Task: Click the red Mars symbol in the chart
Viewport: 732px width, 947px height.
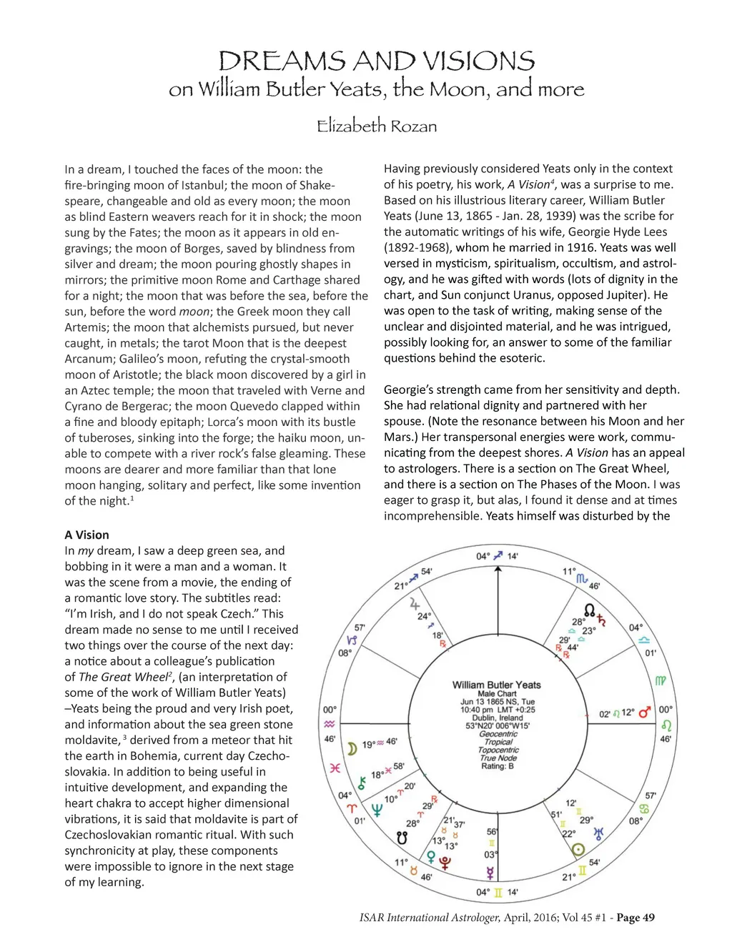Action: [645, 712]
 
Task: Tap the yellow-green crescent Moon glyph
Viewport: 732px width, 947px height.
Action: [352, 748]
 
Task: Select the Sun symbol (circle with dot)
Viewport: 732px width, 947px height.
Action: [578, 850]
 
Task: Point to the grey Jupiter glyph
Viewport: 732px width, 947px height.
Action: [415, 604]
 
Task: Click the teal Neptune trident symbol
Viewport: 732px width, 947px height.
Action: [376, 810]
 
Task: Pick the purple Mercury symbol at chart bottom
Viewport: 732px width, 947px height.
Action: [490, 873]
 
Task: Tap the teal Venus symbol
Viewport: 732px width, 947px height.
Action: [431, 856]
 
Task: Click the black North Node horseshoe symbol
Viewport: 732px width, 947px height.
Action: [590, 610]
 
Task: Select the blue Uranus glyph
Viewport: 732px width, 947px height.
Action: [599, 833]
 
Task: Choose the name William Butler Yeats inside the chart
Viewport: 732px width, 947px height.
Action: [497, 685]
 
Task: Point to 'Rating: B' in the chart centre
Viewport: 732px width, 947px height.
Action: [497, 766]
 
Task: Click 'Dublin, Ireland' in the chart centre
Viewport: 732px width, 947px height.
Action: [497, 718]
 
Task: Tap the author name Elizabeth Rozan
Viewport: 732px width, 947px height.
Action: [377, 127]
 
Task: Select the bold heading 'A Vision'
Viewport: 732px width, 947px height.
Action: [86, 535]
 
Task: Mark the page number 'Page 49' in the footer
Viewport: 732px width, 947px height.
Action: [635, 918]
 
